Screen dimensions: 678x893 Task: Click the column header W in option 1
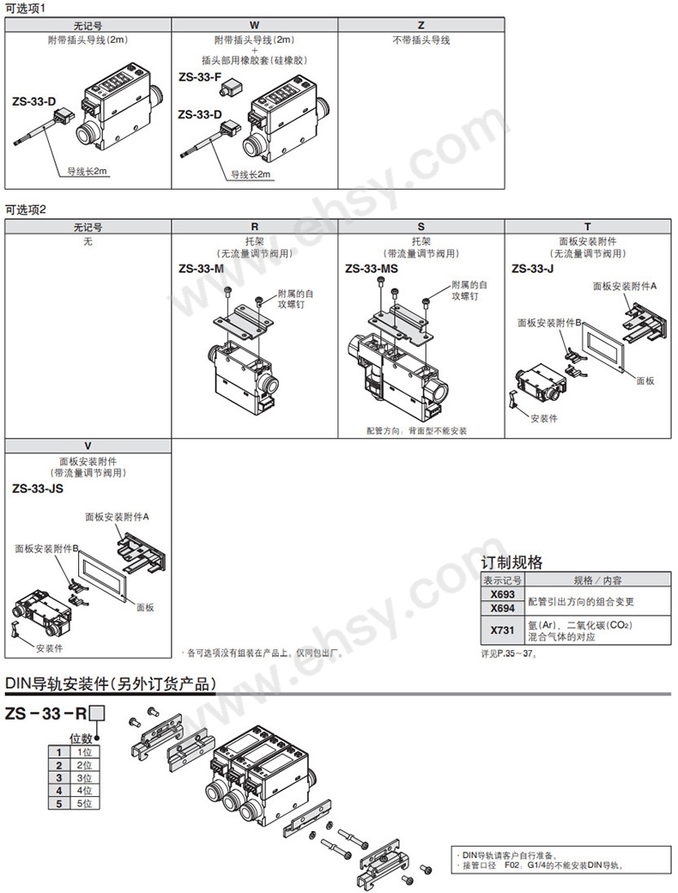click(254, 26)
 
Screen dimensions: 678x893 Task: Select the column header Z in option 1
click(421, 26)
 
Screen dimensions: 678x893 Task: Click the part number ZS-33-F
click(200, 76)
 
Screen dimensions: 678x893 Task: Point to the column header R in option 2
click(254, 228)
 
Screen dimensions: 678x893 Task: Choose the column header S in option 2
click(421, 228)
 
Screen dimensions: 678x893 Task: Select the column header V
click(88, 446)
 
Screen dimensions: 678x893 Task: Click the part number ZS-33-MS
click(372, 268)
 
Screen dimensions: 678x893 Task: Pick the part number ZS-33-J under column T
click(532, 268)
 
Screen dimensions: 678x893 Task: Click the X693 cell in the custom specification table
click(502, 594)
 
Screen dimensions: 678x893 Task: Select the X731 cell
click(502, 630)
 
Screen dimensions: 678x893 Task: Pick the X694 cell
click(502, 608)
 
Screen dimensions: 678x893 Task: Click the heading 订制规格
click(512, 562)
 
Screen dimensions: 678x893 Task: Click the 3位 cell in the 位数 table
click(84, 777)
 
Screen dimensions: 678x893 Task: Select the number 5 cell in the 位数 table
click(59, 803)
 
